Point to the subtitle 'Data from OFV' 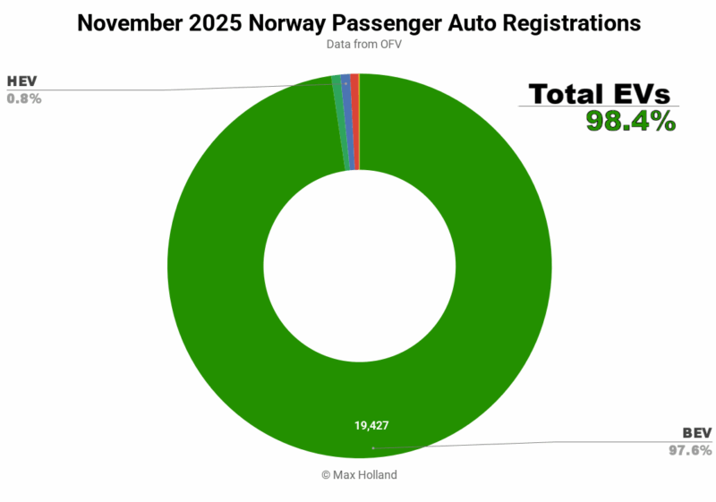(358, 44)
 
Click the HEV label (22, 82)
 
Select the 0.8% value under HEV (24, 98)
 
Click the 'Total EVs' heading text (599, 94)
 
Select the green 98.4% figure (630, 121)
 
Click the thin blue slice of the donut (345, 122)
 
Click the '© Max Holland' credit (358, 475)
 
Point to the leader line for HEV (179, 89)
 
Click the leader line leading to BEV (537, 442)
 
